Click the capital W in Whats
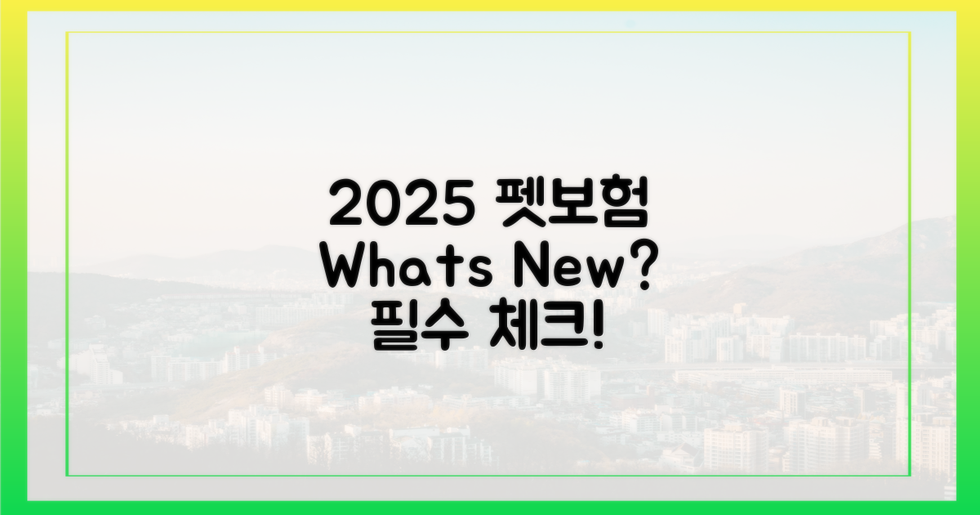[346, 268]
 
